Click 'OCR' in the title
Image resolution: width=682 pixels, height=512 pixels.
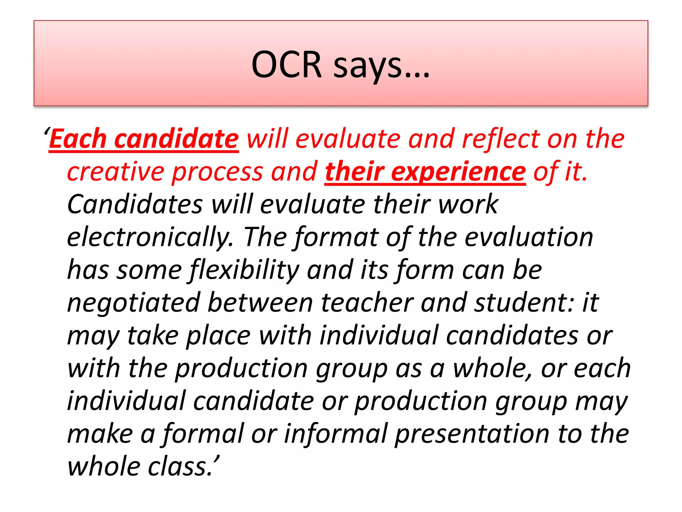point(286,65)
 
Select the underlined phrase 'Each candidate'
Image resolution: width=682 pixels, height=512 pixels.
point(144,139)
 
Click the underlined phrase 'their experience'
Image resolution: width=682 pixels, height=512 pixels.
point(425,172)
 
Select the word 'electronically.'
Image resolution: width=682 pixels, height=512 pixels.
point(150,237)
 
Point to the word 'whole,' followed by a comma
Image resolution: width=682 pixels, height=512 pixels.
point(493,369)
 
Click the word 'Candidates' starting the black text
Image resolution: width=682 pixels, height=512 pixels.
point(135,205)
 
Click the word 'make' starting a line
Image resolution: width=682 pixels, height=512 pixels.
point(100,434)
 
